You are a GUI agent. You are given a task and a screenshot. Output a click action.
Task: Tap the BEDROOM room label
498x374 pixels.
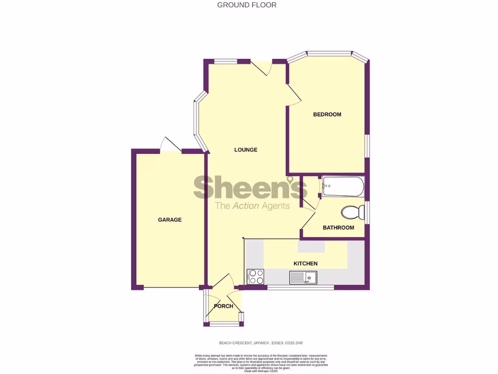[x=327, y=114]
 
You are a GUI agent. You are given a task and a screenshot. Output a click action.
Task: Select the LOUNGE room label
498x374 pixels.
[x=246, y=150]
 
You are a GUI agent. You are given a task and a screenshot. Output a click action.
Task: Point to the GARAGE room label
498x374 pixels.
[x=170, y=220]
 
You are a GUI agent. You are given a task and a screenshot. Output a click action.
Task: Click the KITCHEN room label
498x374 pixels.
[x=305, y=263]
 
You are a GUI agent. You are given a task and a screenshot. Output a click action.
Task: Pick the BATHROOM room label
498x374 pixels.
[x=338, y=227]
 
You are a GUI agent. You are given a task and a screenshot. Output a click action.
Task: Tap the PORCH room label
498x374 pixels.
[x=224, y=306]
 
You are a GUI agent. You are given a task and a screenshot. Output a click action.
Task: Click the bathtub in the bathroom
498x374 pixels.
[x=342, y=187]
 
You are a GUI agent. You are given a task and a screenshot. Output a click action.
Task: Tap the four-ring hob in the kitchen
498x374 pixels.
[x=255, y=277]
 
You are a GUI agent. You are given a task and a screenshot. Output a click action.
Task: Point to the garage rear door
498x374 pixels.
[x=171, y=145]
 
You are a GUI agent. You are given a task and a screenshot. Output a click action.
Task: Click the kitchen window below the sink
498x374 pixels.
[x=301, y=287]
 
